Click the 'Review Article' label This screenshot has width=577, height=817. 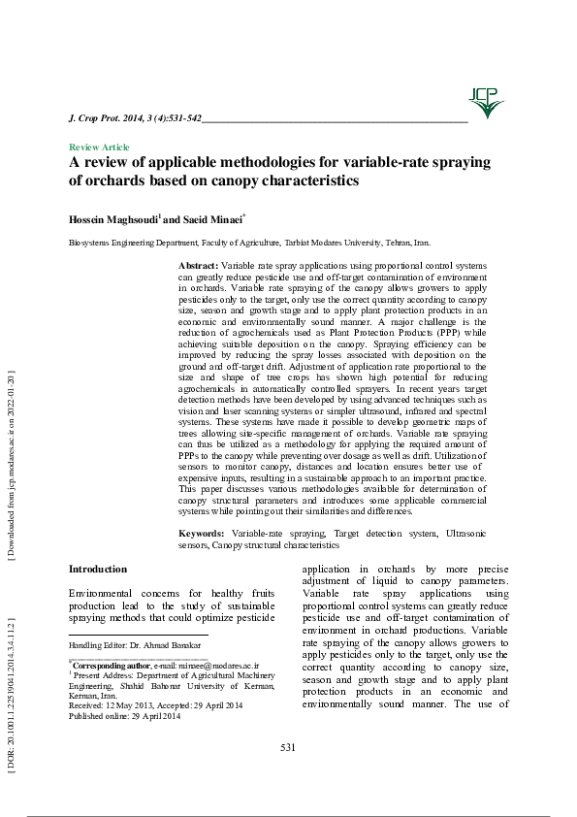click(x=99, y=147)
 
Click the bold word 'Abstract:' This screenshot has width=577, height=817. click(x=199, y=265)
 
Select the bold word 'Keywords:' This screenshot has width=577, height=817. click(x=202, y=534)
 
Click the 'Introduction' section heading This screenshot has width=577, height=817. click(x=98, y=569)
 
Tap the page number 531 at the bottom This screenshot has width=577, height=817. click(x=287, y=746)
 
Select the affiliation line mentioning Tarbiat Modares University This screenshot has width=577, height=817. click(x=249, y=244)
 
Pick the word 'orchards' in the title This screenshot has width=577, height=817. click(x=117, y=180)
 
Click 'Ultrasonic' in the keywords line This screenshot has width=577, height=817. click(x=465, y=534)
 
